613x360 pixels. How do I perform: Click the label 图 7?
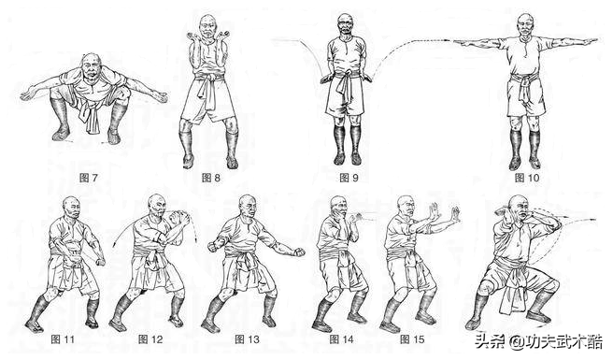(89, 178)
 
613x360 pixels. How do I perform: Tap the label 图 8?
(211, 178)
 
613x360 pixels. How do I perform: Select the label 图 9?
(349, 178)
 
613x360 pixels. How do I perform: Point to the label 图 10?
(527, 178)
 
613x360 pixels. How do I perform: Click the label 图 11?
(63, 339)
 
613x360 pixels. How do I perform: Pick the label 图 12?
(150, 339)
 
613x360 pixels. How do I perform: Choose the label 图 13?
(247, 339)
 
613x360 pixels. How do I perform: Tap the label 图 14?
(341, 339)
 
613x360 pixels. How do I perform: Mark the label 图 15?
(412, 339)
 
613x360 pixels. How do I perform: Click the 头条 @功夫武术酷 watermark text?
(539, 341)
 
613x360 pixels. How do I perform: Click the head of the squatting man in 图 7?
(91, 65)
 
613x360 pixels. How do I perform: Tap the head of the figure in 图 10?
(526, 25)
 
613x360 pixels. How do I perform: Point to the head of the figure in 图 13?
(248, 207)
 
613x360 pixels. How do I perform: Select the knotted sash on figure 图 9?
(344, 85)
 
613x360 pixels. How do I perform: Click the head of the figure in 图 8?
(207, 26)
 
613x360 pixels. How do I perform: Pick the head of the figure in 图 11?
(72, 208)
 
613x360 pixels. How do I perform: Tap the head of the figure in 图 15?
(406, 208)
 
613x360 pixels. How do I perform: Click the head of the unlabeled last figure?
(519, 208)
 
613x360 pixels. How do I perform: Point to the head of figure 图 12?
(157, 206)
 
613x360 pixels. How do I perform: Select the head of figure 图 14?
(338, 208)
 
